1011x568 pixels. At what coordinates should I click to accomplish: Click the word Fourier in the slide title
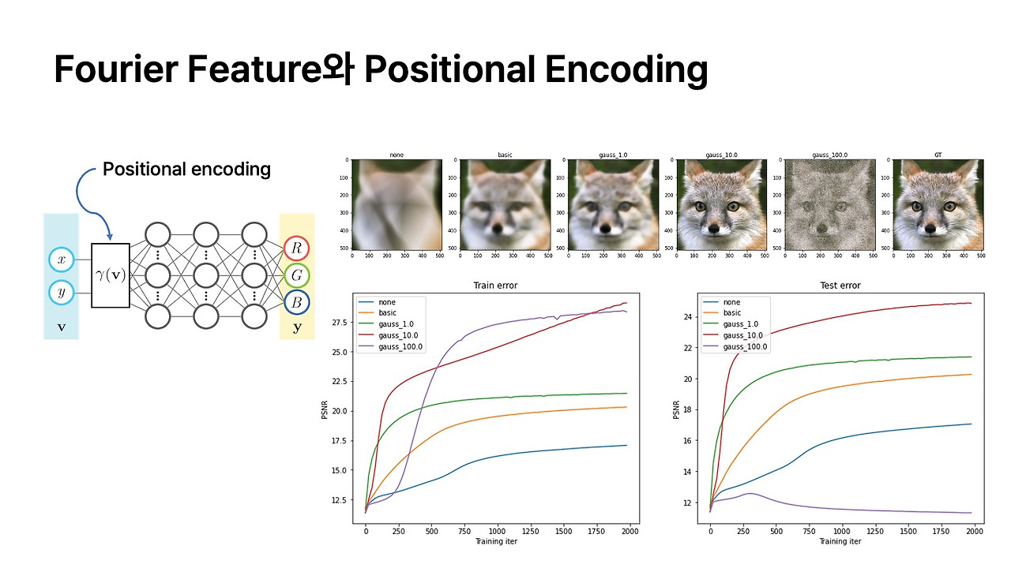click(117, 70)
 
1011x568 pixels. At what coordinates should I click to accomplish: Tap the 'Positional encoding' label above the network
click(186, 169)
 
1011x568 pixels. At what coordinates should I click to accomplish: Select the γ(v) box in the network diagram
click(111, 275)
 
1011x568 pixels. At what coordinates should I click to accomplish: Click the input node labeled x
click(61, 260)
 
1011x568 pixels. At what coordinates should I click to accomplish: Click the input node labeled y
click(61, 291)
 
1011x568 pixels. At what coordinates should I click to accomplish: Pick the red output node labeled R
click(297, 249)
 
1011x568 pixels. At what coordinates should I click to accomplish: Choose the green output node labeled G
click(297, 276)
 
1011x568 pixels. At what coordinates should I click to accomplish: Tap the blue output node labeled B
click(297, 302)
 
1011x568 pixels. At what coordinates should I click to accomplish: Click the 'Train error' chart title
click(495, 286)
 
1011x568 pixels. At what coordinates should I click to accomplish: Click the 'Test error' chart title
click(840, 286)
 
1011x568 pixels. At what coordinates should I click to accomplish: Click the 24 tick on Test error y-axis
click(687, 317)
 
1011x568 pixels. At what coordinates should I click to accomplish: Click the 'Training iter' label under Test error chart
click(840, 542)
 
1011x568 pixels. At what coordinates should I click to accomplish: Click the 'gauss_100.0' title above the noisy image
click(829, 155)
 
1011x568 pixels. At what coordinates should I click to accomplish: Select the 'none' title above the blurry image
click(397, 155)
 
